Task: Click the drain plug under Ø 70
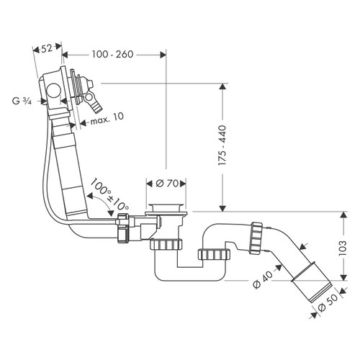coord(167,209)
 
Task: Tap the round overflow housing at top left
coord(53,90)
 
